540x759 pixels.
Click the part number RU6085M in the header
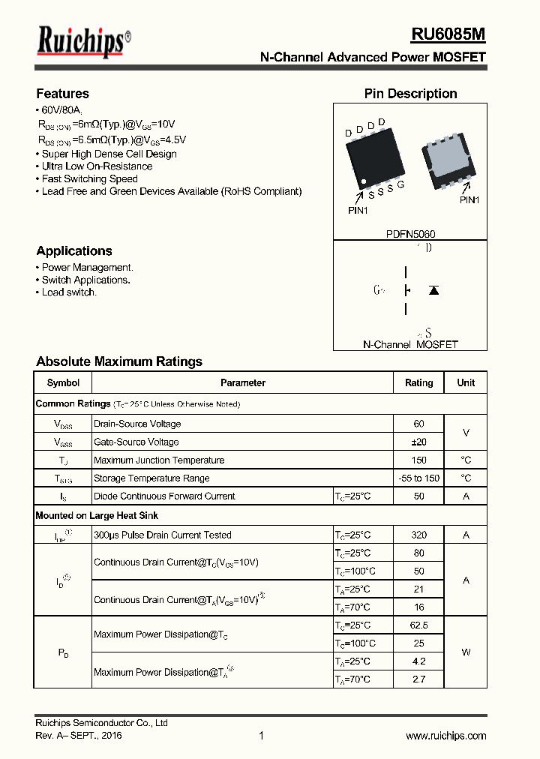448,34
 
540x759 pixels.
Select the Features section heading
62,94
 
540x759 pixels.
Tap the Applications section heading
73,251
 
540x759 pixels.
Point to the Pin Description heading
410,94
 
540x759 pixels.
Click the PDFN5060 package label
410,234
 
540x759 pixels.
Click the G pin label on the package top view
401,185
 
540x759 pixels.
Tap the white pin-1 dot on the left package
364,181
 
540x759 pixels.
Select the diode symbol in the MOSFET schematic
433,290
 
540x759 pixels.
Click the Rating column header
418,382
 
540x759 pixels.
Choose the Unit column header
466,382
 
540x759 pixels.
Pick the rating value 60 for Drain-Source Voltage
418,424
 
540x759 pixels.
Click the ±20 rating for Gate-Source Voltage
418,442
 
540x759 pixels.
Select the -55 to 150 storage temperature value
418,478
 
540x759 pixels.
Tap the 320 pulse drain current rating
418,535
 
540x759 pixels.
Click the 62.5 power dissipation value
418,625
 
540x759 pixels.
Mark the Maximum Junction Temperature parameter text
159,460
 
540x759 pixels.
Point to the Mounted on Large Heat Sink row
97,516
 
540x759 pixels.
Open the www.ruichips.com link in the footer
445,736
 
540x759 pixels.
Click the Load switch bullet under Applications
69,292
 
